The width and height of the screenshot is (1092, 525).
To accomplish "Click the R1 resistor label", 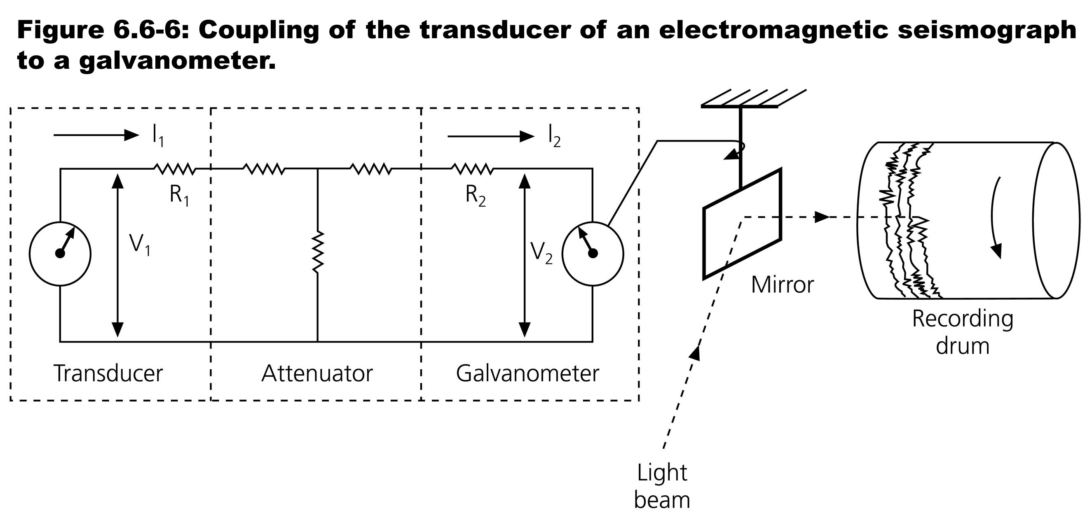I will pyautogui.click(x=179, y=195).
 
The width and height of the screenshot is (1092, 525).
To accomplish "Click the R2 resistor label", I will pyautogui.click(x=475, y=195).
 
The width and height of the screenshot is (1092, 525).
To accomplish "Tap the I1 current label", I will pyautogui.click(x=158, y=136).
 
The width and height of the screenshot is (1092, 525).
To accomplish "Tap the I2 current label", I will pyautogui.click(x=554, y=137).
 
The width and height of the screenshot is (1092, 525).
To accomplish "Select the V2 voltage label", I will pyautogui.click(x=541, y=253).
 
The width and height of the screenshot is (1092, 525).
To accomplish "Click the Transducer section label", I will pyautogui.click(x=108, y=373).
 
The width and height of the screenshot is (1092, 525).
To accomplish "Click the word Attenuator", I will pyautogui.click(x=317, y=373).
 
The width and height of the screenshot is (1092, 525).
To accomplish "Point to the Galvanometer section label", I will pyautogui.click(x=527, y=373).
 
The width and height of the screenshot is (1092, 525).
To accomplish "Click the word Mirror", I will pyautogui.click(x=782, y=285).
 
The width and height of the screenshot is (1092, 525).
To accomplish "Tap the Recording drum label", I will pyautogui.click(x=962, y=332).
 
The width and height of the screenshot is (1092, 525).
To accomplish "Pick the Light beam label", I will pyautogui.click(x=662, y=486).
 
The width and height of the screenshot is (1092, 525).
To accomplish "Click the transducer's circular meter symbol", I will pyautogui.click(x=60, y=253).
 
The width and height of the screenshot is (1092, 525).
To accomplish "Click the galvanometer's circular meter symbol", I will pyautogui.click(x=593, y=253).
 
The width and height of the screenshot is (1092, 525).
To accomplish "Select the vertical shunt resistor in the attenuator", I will pyautogui.click(x=318, y=251).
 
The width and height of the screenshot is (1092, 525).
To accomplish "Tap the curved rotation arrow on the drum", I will pyautogui.click(x=995, y=216).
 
